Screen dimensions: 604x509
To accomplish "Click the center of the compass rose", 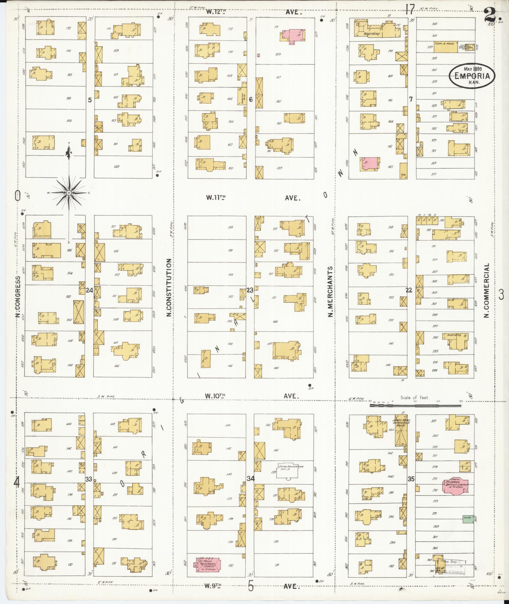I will [x=69, y=193].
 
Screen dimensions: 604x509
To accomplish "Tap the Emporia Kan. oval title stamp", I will [x=472, y=76].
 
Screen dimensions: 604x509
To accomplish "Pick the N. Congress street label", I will [x=18, y=297].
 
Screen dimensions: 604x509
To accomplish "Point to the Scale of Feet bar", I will [x=415, y=405].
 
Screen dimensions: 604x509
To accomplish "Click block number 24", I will [x=90, y=290].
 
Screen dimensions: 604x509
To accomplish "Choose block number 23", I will [x=250, y=290].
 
